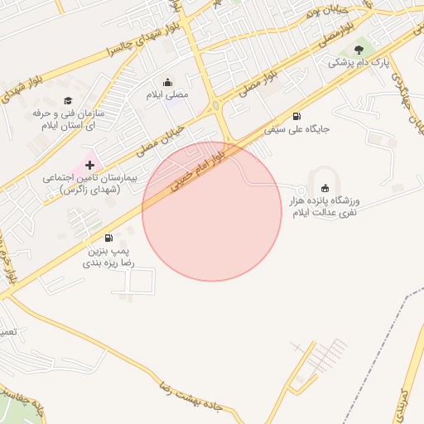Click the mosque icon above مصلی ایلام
pyautogui.click(x=169, y=82)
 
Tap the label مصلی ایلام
pyautogui.click(x=169, y=95)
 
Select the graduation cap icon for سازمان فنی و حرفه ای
pyautogui.click(x=67, y=100)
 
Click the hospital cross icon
pyautogui.click(x=89, y=166)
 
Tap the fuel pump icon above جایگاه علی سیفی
pyautogui.click(x=297, y=116)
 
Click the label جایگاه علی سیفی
pyautogui.click(x=297, y=130)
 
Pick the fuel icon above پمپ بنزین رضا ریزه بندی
pyautogui.click(x=108, y=238)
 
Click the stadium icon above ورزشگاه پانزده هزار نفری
pyautogui.click(x=325, y=187)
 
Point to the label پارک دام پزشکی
pyautogui.click(x=359, y=63)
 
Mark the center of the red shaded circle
pyautogui.click(x=212, y=212)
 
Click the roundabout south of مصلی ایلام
pyautogui.click(x=215, y=105)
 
